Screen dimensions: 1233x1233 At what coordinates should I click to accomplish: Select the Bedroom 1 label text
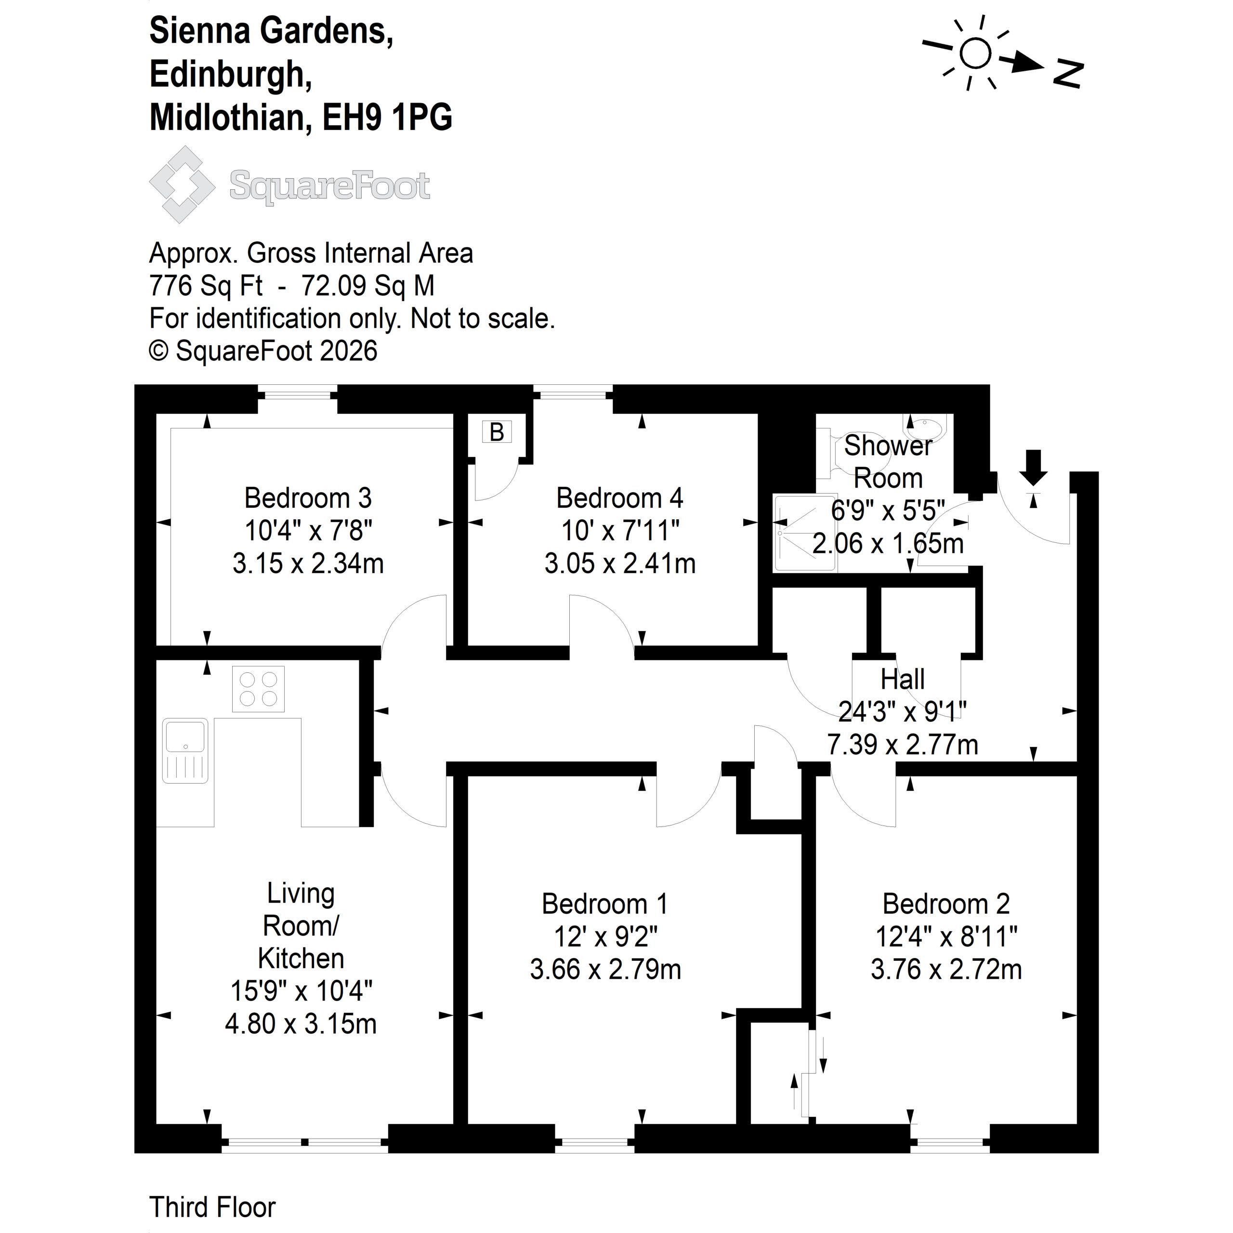pyautogui.click(x=604, y=904)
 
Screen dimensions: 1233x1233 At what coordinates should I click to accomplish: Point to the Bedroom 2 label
pyautogui.click(x=946, y=904)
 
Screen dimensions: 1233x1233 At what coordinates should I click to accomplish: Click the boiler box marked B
pyautogui.click(x=497, y=432)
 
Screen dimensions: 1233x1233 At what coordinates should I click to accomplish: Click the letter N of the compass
pyautogui.click(x=1068, y=74)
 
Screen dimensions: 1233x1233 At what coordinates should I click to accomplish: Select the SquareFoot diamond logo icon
pyautogui.click(x=182, y=184)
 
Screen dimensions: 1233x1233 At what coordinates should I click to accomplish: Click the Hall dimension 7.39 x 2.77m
pyautogui.click(x=903, y=744)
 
